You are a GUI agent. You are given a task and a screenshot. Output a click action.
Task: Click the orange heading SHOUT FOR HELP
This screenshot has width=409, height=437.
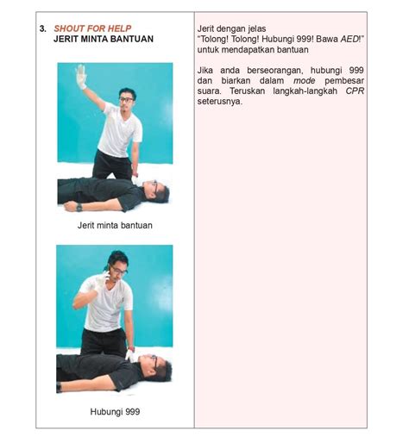(x=92, y=28)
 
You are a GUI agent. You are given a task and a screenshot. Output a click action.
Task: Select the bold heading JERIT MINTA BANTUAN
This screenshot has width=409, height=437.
(x=104, y=39)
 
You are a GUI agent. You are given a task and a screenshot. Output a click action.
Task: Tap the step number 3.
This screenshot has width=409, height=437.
(x=42, y=28)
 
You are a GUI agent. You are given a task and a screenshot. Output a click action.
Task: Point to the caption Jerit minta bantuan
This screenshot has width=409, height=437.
(x=115, y=225)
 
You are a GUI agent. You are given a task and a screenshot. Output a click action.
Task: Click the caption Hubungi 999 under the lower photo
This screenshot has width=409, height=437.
(x=115, y=411)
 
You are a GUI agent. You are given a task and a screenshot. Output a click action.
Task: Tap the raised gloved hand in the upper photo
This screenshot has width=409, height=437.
(x=81, y=76)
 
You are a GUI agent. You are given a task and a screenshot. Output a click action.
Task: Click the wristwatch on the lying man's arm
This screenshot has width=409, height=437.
(x=79, y=207)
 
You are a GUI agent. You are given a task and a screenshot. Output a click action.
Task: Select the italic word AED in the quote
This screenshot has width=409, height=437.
(x=349, y=39)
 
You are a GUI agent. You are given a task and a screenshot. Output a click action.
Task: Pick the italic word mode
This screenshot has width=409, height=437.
(x=304, y=80)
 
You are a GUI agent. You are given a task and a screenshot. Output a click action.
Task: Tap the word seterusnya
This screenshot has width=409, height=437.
(x=220, y=101)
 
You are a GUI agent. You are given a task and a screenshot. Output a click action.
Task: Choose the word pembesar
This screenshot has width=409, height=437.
(x=344, y=81)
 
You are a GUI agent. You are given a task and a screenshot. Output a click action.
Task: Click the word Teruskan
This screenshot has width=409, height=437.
(x=247, y=91)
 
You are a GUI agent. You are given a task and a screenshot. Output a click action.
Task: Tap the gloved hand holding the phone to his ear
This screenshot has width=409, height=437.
(x=101, y=282)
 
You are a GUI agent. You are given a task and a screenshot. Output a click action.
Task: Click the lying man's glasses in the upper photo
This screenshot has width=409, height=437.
(x=155, y=187)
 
